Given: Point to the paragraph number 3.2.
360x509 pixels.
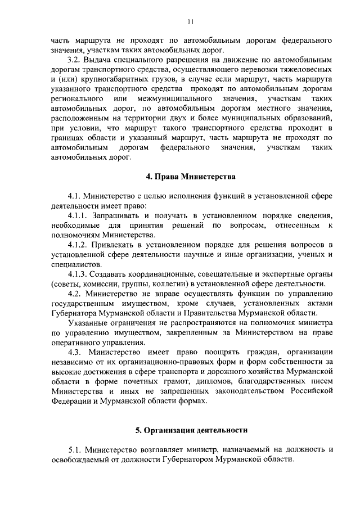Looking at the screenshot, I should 75,60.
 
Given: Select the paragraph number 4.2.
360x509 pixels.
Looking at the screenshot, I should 75,294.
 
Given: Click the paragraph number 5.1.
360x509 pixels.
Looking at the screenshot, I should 75,449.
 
